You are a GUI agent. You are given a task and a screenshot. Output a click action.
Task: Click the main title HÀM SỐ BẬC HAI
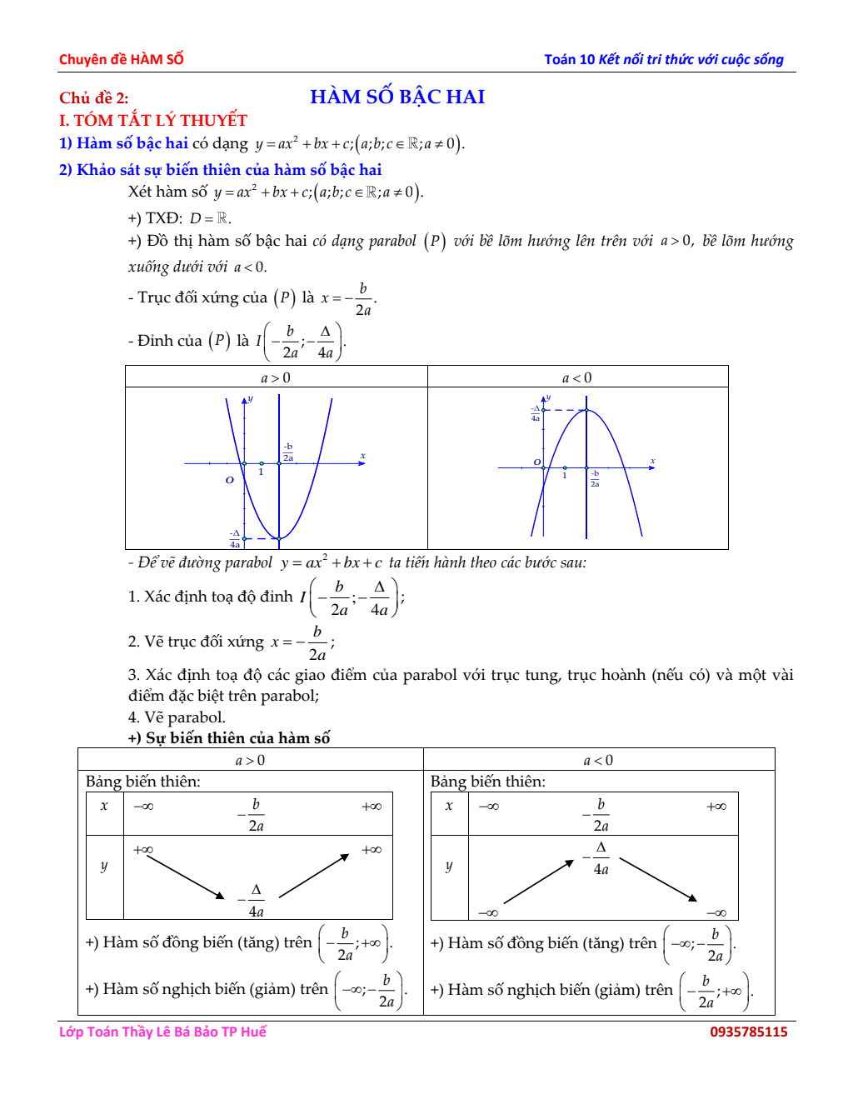point(397,97)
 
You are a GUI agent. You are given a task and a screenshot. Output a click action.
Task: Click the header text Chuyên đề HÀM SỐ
point(121,59)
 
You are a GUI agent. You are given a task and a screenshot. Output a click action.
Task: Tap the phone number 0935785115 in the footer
point(748,1032)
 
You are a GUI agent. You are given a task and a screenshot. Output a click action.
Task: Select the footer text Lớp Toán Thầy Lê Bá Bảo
point(162,1032)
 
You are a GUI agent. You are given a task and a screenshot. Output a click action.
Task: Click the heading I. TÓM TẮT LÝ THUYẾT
point(153,120)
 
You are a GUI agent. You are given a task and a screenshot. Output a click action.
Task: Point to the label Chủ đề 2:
point(93,97)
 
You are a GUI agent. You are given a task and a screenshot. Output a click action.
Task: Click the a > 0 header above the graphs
point(276,377)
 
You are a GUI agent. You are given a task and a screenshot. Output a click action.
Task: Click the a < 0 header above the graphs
point(577,377)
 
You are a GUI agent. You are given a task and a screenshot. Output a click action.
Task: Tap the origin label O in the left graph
point(230,480)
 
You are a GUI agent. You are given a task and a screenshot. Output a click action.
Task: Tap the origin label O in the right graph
point(537,462)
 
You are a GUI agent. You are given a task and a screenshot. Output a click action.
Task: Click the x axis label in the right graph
point(652,460)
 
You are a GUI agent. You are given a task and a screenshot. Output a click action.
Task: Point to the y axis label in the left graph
point(250,398)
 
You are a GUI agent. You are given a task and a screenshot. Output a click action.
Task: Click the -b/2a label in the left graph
point(288,452)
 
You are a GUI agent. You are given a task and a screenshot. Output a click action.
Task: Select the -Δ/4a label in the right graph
point(536,413)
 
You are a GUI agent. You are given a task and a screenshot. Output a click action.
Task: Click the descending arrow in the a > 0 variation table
point(185,877)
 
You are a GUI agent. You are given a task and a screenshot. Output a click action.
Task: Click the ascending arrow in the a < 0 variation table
point(539,882)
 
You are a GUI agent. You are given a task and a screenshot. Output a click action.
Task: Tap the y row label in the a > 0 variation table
point(104,866)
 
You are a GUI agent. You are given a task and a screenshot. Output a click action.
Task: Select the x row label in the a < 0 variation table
point(449,806)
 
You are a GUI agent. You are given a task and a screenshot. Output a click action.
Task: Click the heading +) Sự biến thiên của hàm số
point(229,737)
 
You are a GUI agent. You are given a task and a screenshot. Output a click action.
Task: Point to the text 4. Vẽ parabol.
point(177,717)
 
